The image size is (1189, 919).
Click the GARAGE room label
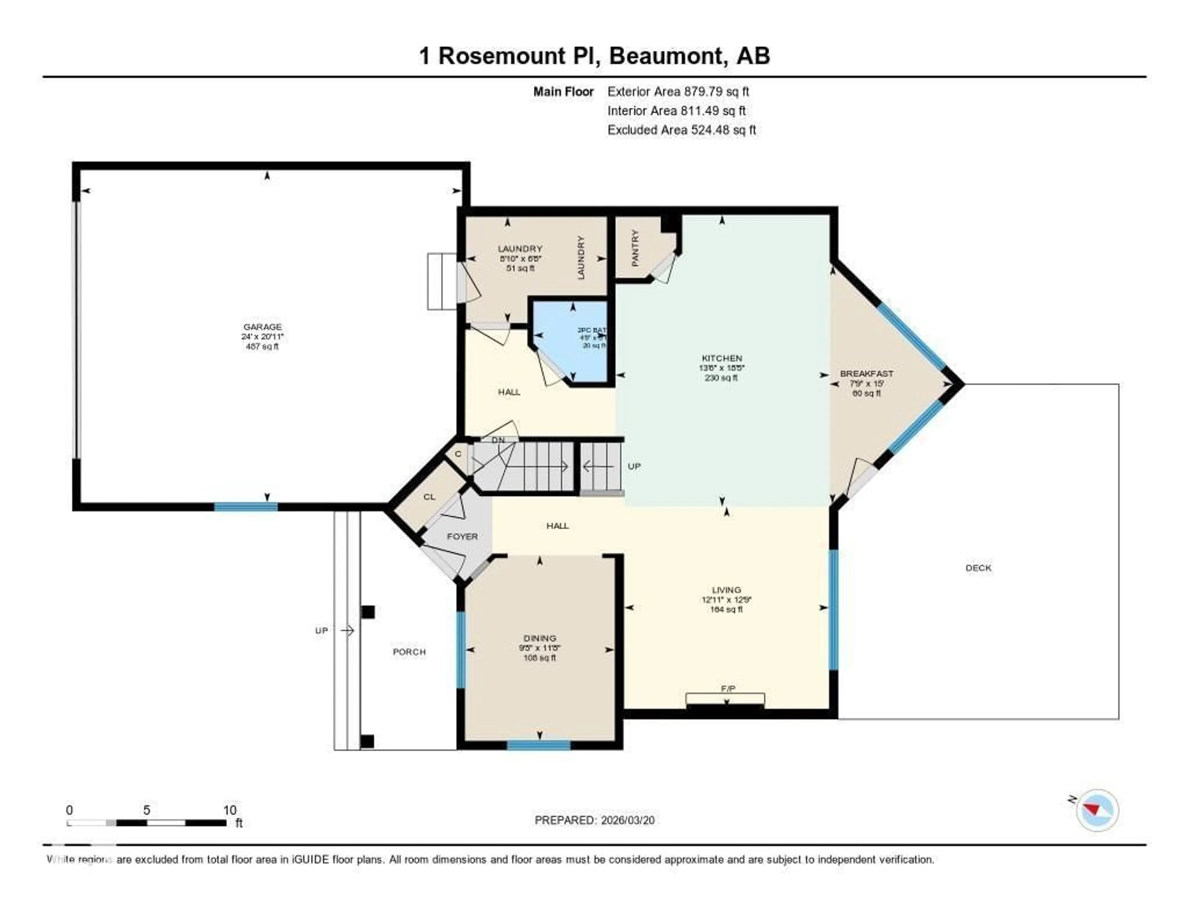point(262,327)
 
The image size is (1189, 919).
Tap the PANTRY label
point(635,248)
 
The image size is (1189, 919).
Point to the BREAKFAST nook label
point(867,374)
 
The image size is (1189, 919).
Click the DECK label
point(978,568)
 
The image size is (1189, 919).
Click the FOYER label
point(462,537)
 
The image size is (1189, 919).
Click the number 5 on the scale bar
point(146,810)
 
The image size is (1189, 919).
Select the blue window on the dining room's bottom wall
point(538,745)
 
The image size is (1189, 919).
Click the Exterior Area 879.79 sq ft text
point(678,91)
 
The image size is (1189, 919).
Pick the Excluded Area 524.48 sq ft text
point(682,130)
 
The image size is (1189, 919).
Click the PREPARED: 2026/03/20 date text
point(594,820)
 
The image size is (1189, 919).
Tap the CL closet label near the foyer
point(429,497)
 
